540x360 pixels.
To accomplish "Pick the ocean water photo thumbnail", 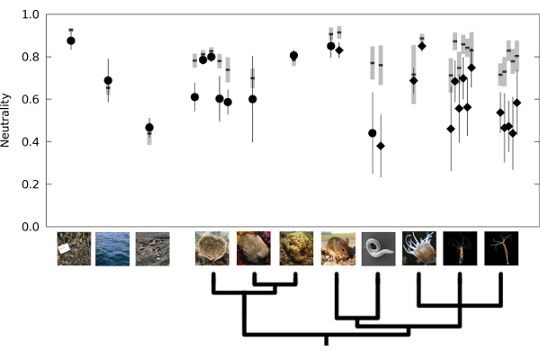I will (x=112, y=248).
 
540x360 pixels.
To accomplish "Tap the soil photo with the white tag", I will (x=74, y=248).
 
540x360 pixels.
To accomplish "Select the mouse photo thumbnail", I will (x=337, y=248).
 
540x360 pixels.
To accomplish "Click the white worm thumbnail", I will (x=378, y=248).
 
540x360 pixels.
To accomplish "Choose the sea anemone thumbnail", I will (x=418, y=248).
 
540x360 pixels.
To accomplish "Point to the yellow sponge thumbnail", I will (x=295, y=248).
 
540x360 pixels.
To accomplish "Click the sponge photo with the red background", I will (x=254, y=248).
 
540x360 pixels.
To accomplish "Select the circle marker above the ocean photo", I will (x=108, y=81).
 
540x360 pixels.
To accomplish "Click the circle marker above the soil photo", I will (x=71, y=40).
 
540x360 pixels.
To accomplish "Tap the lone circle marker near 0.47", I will (x=149, y=128).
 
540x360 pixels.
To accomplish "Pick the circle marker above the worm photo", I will (x=373, y=133).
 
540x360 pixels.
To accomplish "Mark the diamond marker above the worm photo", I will (x=381, y=146).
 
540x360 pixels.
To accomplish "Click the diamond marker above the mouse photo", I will (x=339, y=50).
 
